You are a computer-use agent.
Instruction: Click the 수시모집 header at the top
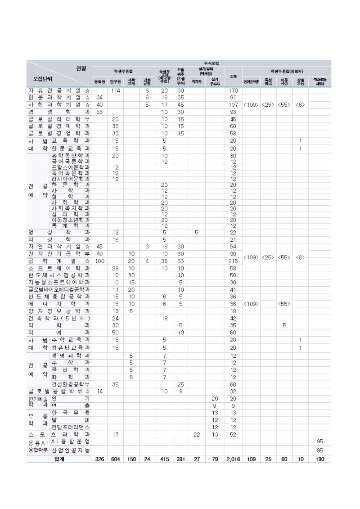(211, 63)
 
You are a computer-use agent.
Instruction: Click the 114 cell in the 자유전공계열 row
(116, 90)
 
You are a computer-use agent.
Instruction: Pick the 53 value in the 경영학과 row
(99, 112)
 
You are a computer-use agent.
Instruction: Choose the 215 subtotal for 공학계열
(233, 261)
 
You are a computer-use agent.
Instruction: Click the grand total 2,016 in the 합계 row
(233, 459)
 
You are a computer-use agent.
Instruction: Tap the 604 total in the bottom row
(116, 459)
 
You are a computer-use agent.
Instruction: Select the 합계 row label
(59, 459)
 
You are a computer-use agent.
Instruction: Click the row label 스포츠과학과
(59, 434)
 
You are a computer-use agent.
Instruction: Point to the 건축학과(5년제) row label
(59, 318)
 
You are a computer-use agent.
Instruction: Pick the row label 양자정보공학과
(59, 311)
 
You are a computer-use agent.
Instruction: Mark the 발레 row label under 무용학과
(71, 419)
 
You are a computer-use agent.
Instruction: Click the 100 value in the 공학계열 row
(99, 261)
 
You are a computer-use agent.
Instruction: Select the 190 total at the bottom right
(319, 459)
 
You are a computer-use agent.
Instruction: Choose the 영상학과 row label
(59, 232)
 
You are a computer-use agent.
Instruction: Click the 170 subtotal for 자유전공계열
(233, 90)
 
